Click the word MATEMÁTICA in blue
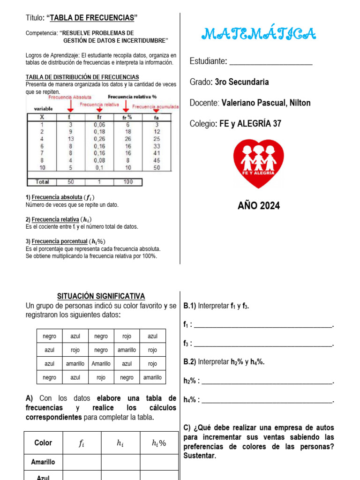click(259, 34)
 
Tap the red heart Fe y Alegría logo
click(259, 163)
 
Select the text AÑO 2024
click(259, 206)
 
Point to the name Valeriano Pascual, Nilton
click(266, 103)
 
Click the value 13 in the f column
click(71, 139)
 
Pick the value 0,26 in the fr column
click(99, 139)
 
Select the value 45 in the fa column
click(157, 160)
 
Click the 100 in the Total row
click(128, 182)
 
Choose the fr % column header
click(128, 118)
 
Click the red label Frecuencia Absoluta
click(69, 97)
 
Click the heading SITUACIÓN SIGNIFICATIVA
click(101, 296)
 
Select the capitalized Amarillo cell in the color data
click(101, 364)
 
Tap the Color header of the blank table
click(43, 443)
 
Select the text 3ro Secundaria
click(242, 82)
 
